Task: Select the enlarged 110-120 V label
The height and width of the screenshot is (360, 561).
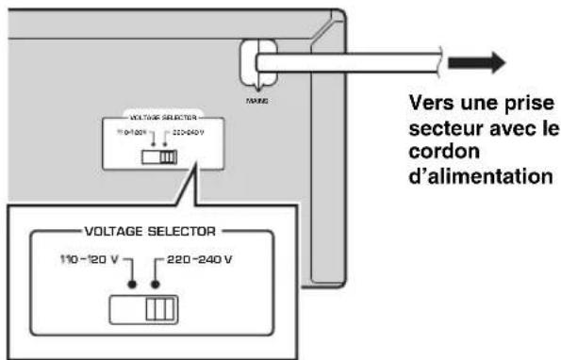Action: [84, 257]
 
